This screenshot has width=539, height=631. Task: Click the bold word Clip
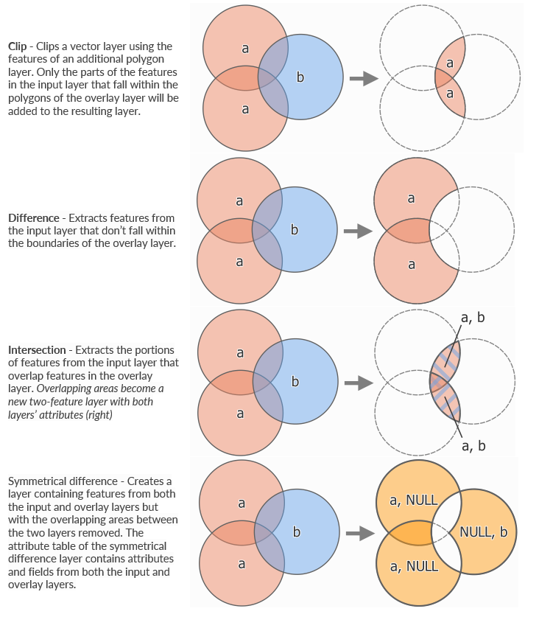(x=18, y=46)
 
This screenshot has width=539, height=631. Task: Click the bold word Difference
(x=34, y=217)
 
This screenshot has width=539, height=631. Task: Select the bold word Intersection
(x=38, y=349)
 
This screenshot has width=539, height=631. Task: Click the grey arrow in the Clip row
(x=359, y=79)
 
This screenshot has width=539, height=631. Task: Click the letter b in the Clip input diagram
(x=300, y=77)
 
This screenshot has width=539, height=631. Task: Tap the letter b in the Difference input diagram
(x=295, y=230)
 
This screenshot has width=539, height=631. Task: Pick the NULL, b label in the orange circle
(x=483, y=532)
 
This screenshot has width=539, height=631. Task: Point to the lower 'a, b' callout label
(x=472, y=446)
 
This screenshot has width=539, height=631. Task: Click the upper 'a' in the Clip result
(x=449, y=63)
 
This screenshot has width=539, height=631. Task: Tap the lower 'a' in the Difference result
(x=411, y=264)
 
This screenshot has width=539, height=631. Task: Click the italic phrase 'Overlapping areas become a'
(x=99, y=388)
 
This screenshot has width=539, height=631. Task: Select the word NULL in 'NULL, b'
(x=474, y=532)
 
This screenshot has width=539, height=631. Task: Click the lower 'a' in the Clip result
(x=449, y=94)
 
